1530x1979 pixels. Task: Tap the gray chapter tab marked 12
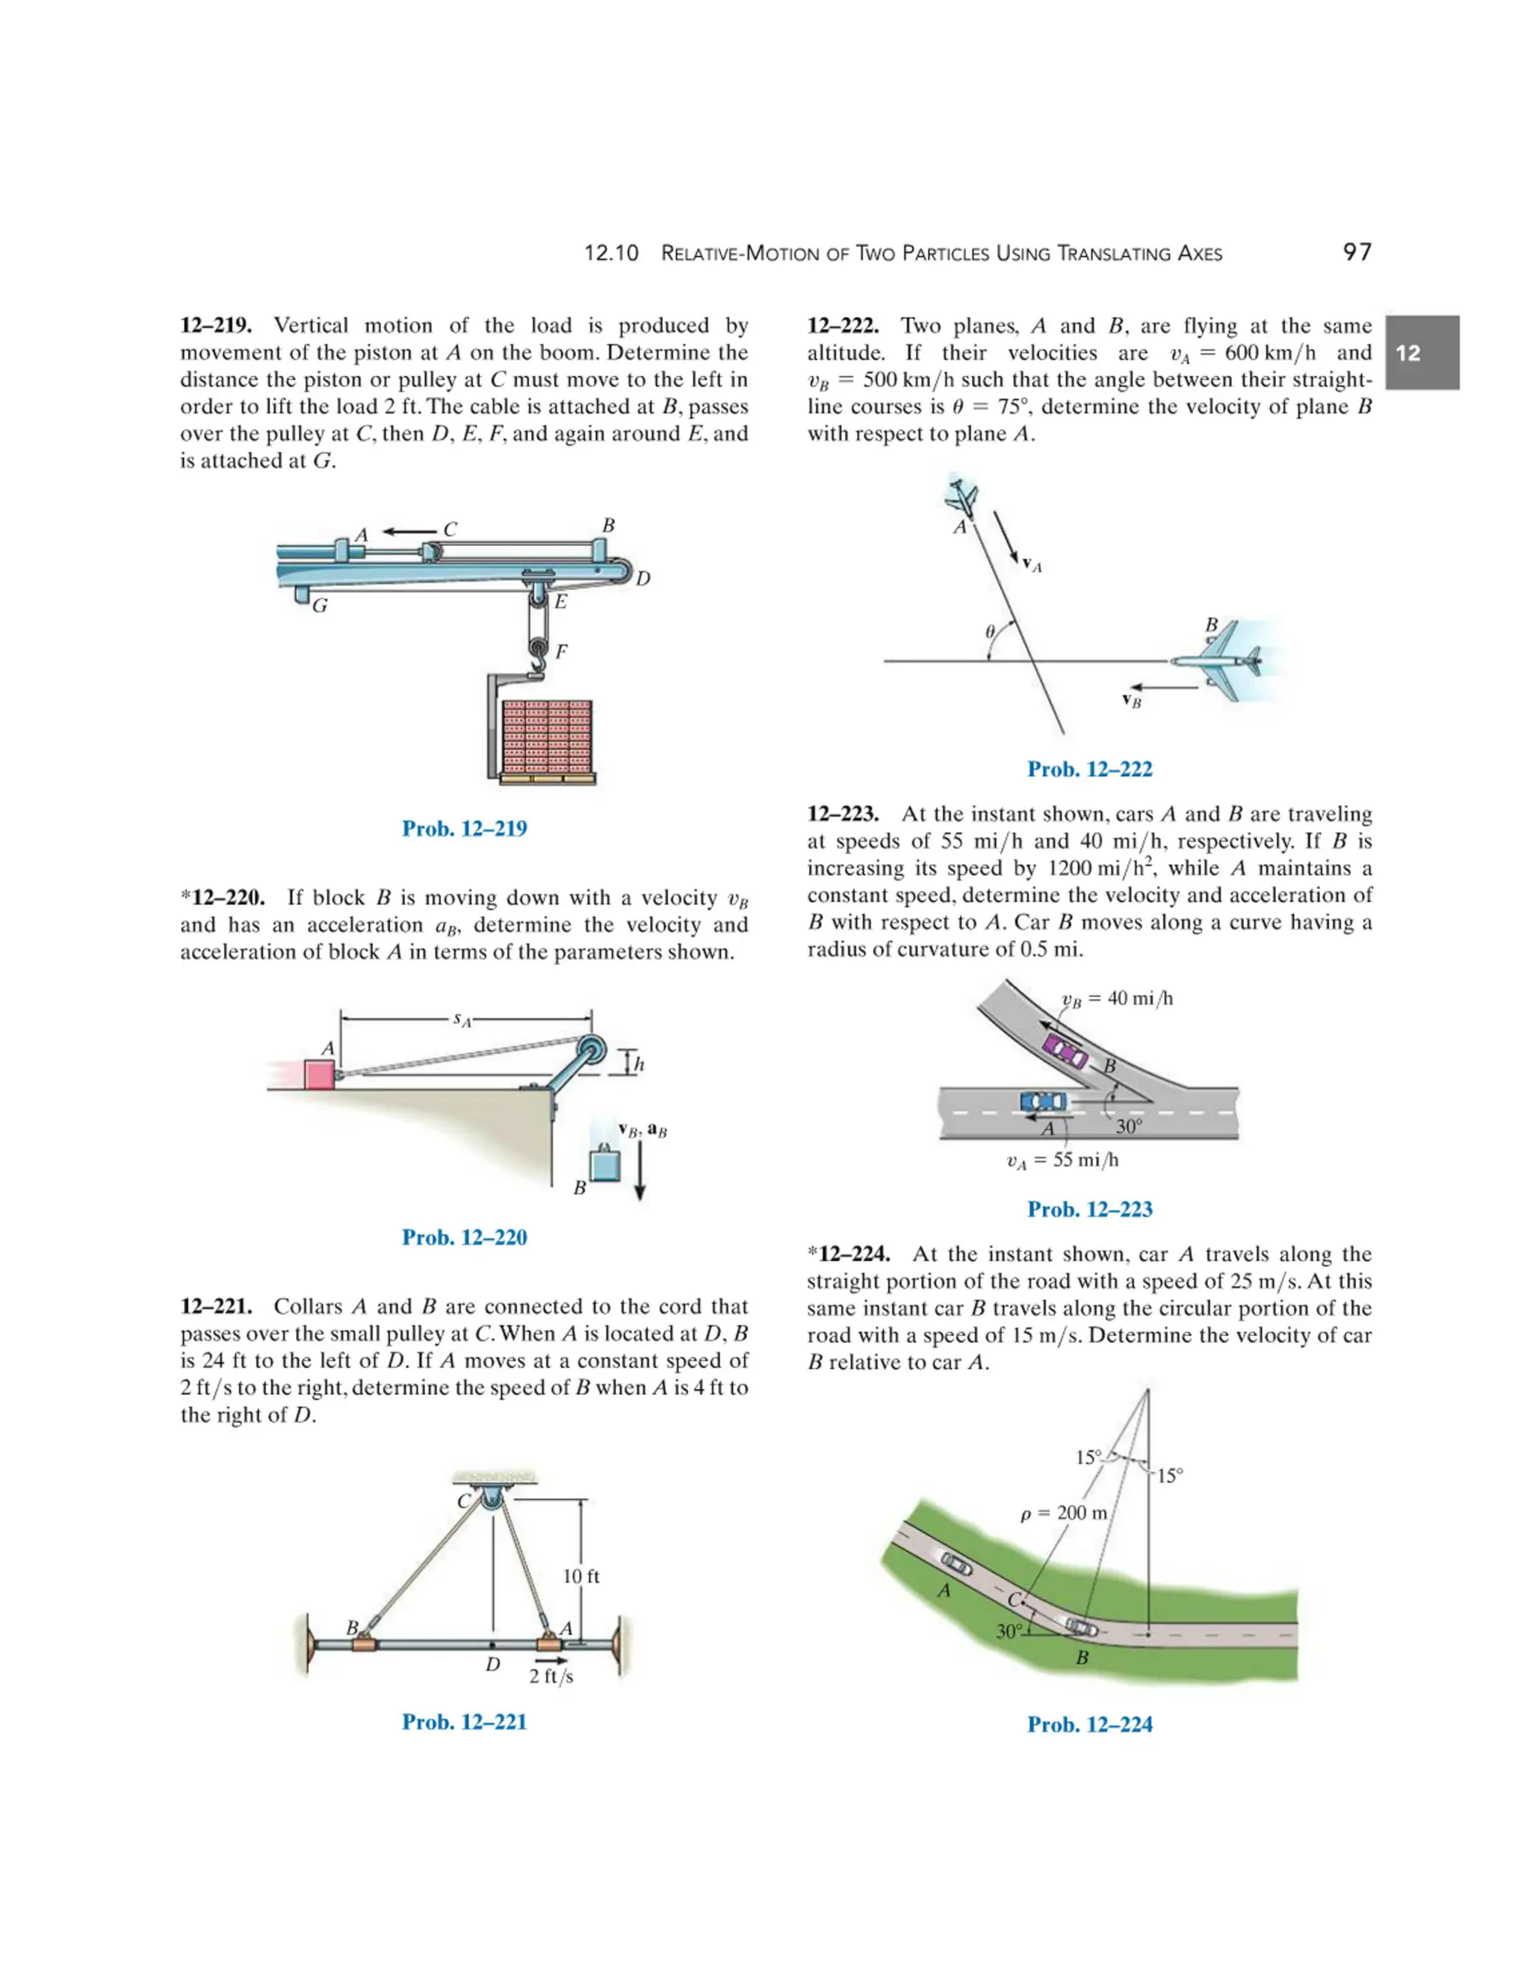pyautogui.click(x=1421, y=352)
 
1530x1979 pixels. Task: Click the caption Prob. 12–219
pyautogui.click(x=464, y=828)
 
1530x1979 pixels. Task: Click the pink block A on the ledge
pyautogui.click(x=319, y=1075)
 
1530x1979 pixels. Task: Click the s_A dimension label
pyautogui.click(x=463, y=1019)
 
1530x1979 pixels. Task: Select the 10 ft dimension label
pyautogui.click(x=581, y=1576)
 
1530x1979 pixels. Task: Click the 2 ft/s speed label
pyautogui.click(x=551, y=1677)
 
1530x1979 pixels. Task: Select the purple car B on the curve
pyautogui.click(x=1064, y=1051)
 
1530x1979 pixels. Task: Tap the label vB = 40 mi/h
pyautogui.click(x=1117, y=998)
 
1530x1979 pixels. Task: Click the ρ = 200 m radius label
pyautogui.click(x=1063, y=1513)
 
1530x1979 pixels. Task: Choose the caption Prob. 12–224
pyautogui.click(x=1089, y=1724)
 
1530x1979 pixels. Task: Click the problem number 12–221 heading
pyautogui.click(x=220, y=1307)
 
